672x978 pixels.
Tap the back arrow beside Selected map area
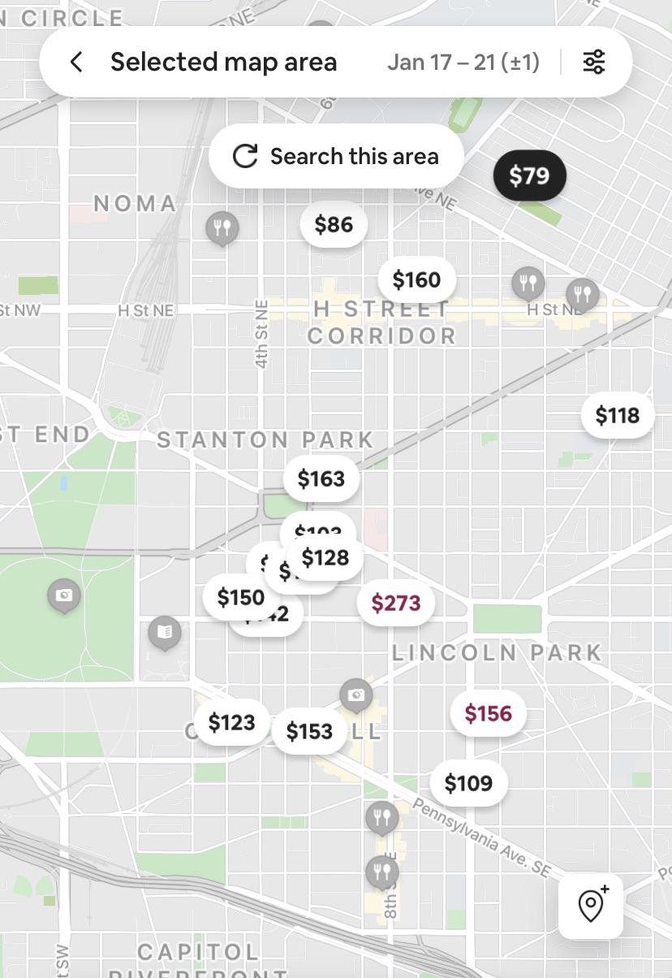76,62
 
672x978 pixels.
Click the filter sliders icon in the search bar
594,62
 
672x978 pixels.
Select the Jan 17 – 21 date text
463,62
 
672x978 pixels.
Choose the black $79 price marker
529,175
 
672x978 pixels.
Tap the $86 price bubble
334,224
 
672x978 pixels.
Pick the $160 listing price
416,280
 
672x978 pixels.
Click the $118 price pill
618,416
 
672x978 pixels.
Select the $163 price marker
321,479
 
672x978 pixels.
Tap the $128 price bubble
325,558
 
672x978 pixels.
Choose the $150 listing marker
240,598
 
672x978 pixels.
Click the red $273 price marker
396,603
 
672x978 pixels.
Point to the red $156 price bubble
488,713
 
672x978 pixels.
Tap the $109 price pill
468,783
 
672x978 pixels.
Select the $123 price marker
231,722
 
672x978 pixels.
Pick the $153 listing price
309,731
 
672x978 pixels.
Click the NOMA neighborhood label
135,203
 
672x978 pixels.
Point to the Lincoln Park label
497,652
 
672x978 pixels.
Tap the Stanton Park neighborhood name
265,440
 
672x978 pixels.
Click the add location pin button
591,906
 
